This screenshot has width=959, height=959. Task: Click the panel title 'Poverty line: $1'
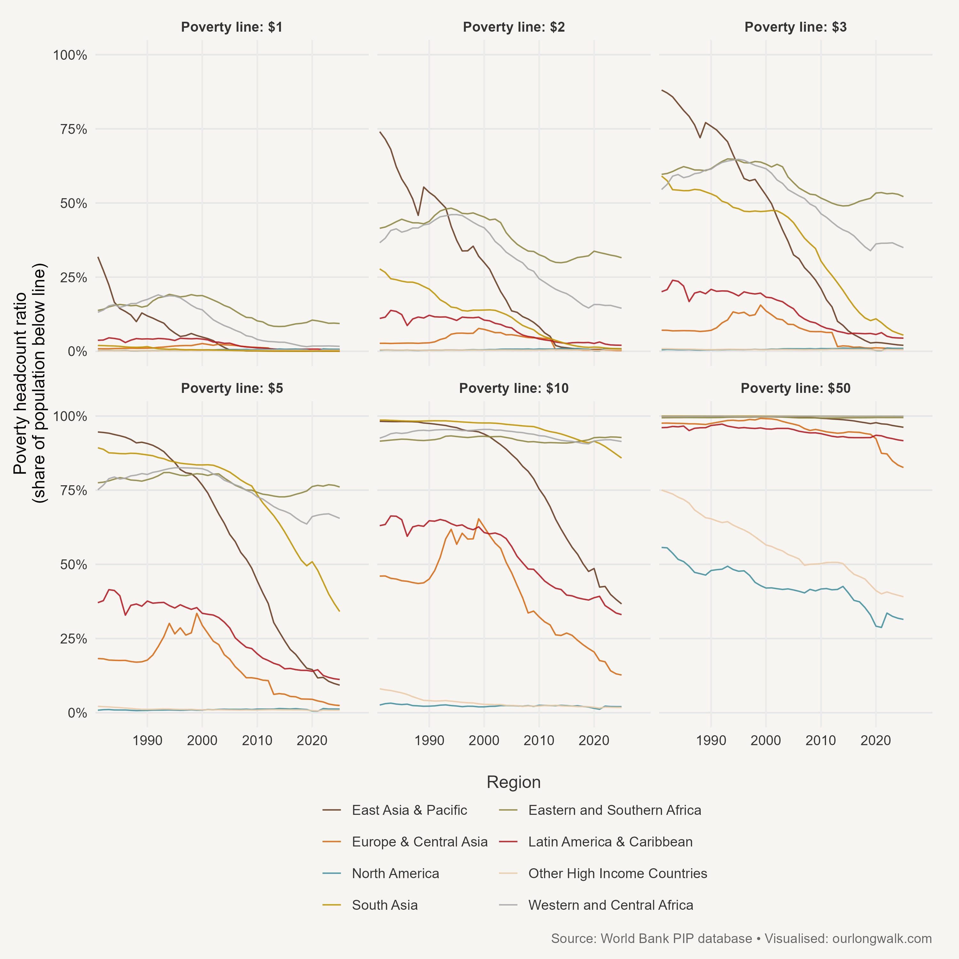coord(232,27)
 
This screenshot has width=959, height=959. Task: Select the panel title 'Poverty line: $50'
coord(795,389)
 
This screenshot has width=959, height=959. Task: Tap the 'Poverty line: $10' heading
coord(514,389)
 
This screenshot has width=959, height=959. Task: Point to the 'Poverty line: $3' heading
coord(795,27)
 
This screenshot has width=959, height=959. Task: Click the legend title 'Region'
coord(513,782)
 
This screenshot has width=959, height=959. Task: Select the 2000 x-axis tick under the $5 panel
coord(202,741)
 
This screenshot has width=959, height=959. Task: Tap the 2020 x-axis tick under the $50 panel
coord(876,741)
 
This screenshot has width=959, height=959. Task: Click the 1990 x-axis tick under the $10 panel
coord(429,741)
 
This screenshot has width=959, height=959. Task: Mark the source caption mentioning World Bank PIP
coord(741,939)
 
